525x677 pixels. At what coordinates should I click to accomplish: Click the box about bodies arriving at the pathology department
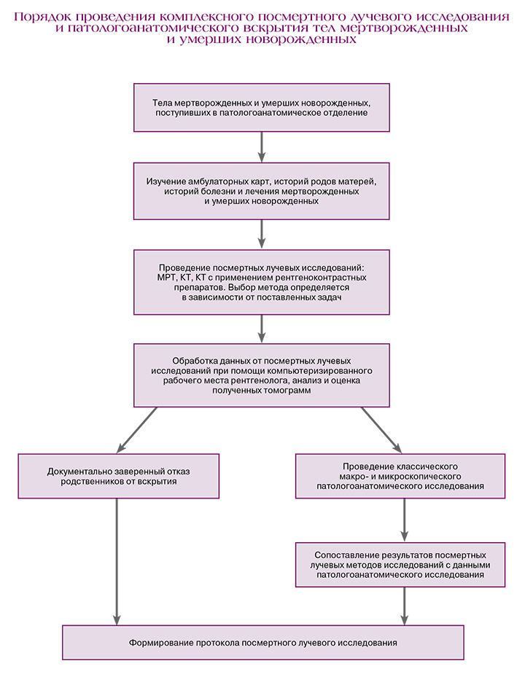[262, 108]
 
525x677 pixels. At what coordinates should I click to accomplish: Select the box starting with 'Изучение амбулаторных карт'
[262, 191]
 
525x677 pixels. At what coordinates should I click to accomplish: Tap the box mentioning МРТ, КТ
[262, 282]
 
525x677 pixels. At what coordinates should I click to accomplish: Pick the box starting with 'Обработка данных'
[262, 375]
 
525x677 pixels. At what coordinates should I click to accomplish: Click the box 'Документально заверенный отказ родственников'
[118, 476]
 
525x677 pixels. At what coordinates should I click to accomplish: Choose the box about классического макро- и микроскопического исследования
[400, 476]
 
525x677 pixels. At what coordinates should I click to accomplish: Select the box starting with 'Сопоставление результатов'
[400, 565]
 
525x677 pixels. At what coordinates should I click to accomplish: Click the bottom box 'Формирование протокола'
[262, 643]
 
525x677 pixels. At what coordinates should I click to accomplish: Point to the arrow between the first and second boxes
[262, 147]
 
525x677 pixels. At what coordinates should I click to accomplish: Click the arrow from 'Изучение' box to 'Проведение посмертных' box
[262, 235]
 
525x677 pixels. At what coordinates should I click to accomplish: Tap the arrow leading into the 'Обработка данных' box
[262, 329]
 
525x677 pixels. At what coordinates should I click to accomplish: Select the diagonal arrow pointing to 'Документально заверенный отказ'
[136, 430]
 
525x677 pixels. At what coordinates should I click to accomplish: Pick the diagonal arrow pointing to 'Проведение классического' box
[382, 430]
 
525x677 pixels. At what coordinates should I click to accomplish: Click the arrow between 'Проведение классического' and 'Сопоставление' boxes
[404, 520]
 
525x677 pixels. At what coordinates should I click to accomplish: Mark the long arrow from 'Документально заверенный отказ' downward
[117, 562]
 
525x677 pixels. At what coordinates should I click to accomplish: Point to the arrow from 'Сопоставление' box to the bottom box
[404, 606]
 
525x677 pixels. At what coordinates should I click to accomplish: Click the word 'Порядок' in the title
[42, 17]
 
